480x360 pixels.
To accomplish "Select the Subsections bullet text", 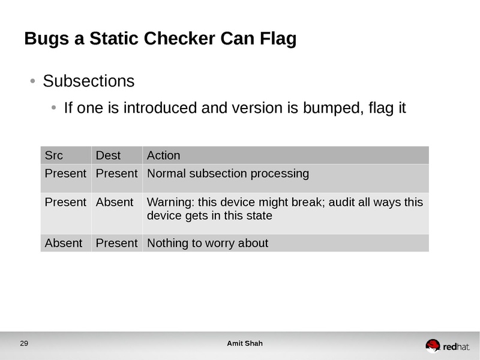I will (x=89, y=81).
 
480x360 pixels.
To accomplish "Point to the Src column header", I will (x=54, y=155).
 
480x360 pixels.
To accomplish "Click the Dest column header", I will (x=108, y=155).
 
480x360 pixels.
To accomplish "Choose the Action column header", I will (x=163, y=155).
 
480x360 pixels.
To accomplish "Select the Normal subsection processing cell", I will (x=227, y=174).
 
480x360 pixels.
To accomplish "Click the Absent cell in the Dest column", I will (x=114, y=202).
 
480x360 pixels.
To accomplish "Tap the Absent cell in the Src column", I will (x=63, y=243).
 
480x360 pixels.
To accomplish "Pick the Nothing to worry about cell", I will (x=207, y=243).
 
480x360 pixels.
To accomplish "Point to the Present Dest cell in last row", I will (x=116, y=243).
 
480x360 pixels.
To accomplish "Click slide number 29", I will (x=24, y=344).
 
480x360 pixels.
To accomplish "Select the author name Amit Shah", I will (x=244, y=344).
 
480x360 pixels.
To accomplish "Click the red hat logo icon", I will (x=433, y=345).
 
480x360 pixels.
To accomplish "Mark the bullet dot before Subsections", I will (x=33, y=81).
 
